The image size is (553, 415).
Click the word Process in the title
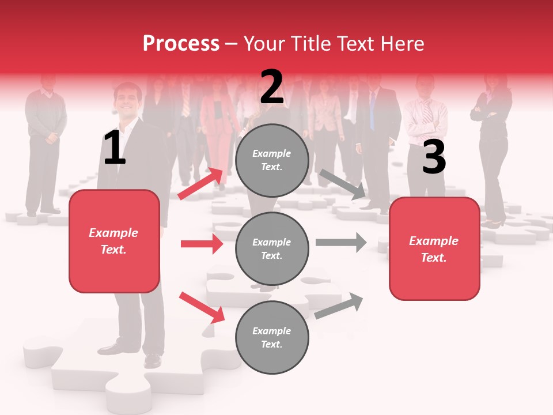pyautogui.click(x=181, y=43)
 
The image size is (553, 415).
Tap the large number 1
pyautogui.click(x=114, y=148)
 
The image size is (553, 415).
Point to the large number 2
pyautogui.click(x=271, y=87)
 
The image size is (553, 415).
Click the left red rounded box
pyautogui.click(x=114, y=241)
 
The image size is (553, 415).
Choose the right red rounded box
pyautogui.click(x=434, y=248)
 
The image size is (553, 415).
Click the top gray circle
pyautogui.click(x=272, y=160)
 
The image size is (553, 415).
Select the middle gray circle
pyautogui.click(x=272, y=248)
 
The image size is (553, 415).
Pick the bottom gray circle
pyautogui.click(x=272, y=337)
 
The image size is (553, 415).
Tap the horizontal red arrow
pyautogui.click(x=202, y=244)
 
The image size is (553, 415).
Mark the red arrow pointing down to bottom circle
pyautogui.click(x=202, y=307)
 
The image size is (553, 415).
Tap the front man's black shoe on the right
pyautogui.click(x=153, y=360)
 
